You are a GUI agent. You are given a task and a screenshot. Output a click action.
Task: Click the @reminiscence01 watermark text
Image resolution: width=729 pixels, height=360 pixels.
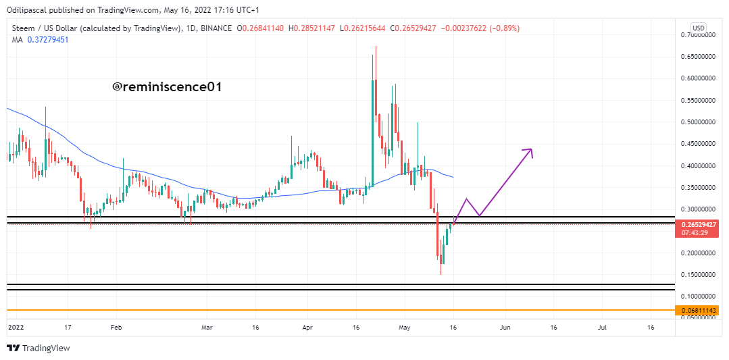coord(166,87)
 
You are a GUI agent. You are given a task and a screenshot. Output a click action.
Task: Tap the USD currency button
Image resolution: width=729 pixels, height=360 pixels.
coord(699,28)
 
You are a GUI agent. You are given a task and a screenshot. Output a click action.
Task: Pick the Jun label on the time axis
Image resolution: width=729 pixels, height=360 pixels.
coord(505,327)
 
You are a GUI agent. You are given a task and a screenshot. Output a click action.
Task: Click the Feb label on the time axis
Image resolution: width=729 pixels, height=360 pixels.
coord(116,327)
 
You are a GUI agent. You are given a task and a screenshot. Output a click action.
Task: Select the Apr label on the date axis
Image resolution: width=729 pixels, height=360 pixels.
coord(307,327)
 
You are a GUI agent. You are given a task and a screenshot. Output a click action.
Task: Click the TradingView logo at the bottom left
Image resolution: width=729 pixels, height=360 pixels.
coord(39,348)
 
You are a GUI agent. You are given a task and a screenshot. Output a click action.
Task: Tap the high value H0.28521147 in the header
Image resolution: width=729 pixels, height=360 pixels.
coord(313,28)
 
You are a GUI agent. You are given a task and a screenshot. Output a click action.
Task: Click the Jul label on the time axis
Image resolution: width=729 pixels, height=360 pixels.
coord(602,327)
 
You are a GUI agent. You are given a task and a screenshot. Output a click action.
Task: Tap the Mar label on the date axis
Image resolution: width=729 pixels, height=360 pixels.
coord(207,327)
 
